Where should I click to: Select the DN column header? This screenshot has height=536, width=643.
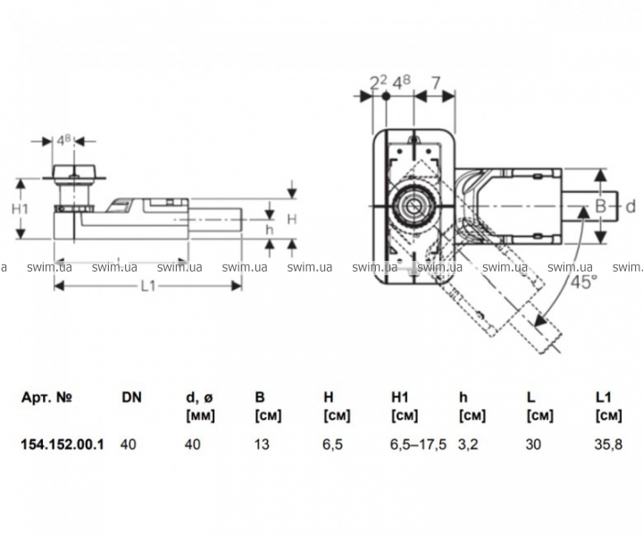(131, 398)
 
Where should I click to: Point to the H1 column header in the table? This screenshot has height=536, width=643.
(399, 398)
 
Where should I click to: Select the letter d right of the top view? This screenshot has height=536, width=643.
(629, 207)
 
